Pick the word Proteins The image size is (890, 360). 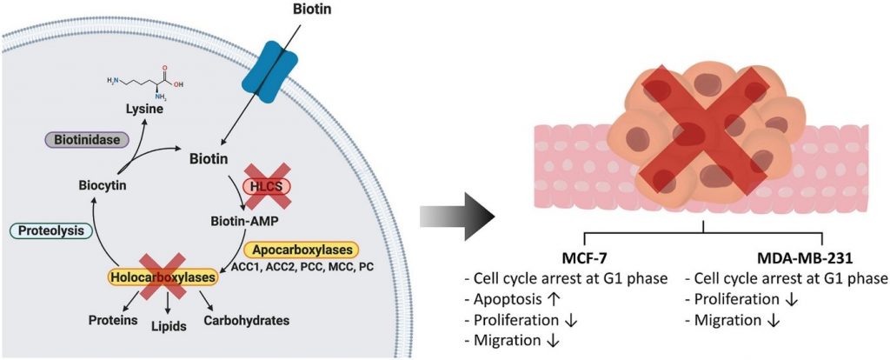pyautogui.click(x=113, y=320)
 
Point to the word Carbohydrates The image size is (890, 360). pyautogui.click(x=246, y=320)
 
